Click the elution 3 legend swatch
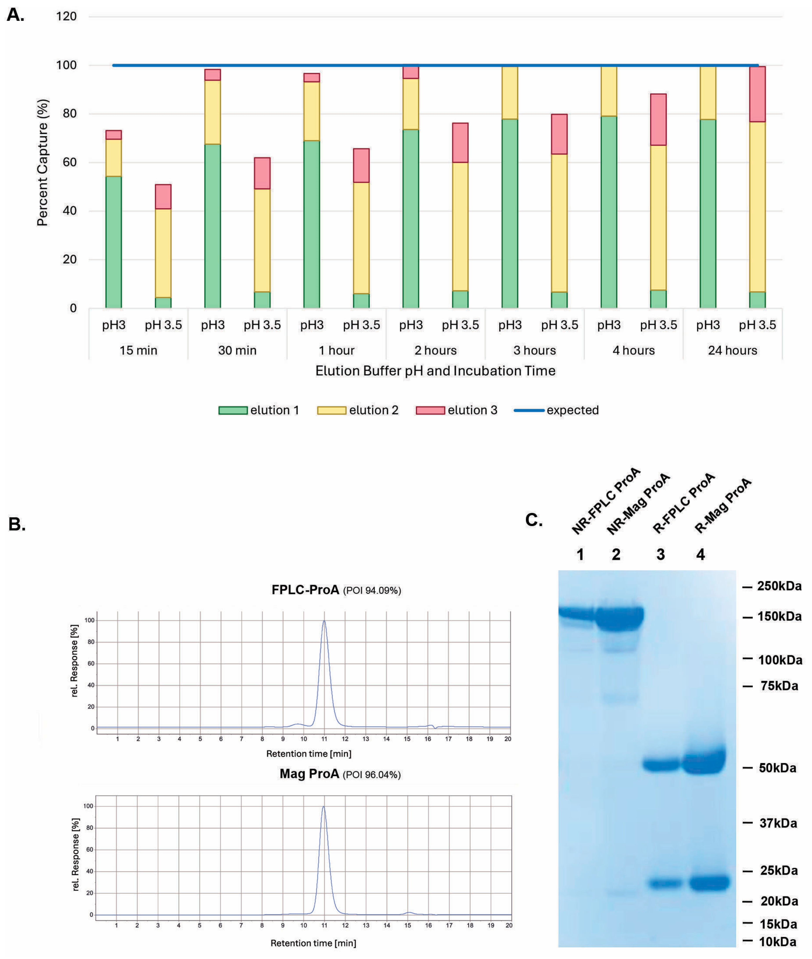(x=430, y=410)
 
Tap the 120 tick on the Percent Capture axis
(x=66, y=17)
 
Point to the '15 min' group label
(x=138, y=350)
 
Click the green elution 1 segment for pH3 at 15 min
(x=114, y=242)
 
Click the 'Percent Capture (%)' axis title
(x=42, y=162)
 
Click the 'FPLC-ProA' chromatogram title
(x=305, y=590)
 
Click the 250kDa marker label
(x=779, y=586)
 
